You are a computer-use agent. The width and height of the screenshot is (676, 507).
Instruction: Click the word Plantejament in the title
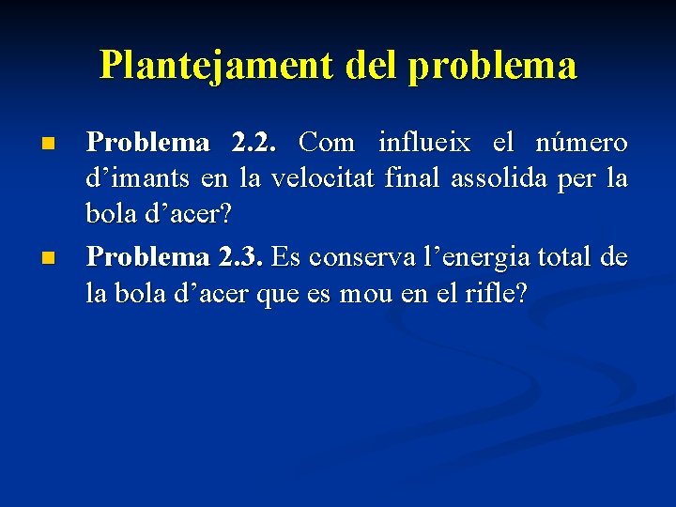point(216,66)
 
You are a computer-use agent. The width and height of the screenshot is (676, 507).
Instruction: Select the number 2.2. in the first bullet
point(253,143)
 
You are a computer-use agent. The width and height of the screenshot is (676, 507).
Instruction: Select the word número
point(581,143)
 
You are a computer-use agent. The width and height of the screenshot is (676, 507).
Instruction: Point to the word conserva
point(352,256)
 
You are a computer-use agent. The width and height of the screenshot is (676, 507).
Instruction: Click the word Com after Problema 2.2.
point(327,143)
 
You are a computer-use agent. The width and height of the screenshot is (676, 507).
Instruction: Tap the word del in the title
point(372,66)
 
